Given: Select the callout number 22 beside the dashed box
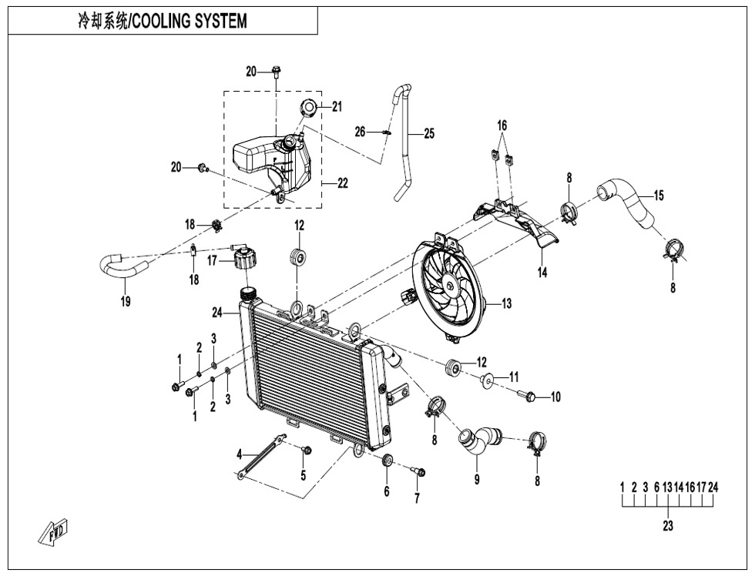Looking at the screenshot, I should point(342,183).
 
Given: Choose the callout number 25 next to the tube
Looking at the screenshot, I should point(428,134).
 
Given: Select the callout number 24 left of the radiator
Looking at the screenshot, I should point(217,313).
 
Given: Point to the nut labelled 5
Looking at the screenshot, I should point(306,450).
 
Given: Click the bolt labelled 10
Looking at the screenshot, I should point(528,396).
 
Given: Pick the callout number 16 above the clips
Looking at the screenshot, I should point(502,126).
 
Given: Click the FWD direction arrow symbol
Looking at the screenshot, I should point(55,532).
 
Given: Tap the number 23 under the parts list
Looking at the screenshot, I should point(667,527).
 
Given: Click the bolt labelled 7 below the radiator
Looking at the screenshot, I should point(418,471).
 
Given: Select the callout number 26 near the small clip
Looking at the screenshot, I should point(360,132).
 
